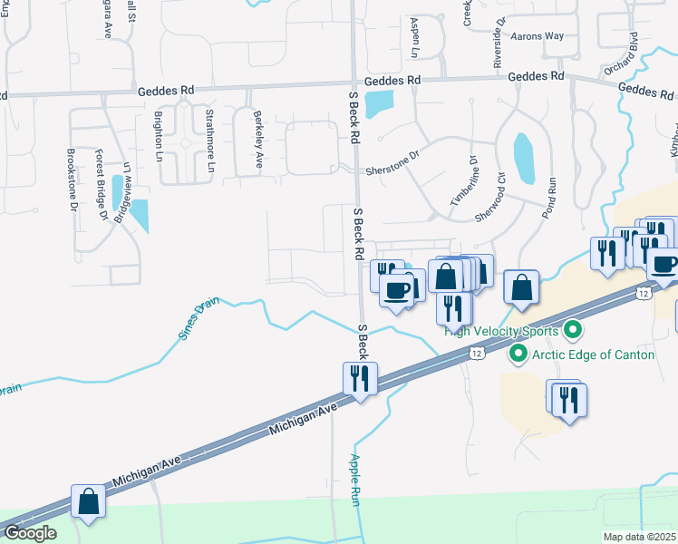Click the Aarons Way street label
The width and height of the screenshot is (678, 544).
click(538, 36)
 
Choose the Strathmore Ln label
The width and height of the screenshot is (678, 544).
click(209, 142)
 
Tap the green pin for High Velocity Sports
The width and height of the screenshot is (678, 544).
click(571, 329)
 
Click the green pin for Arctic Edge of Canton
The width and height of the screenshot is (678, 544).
click(518, 354)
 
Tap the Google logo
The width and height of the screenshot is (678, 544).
click(30, 534)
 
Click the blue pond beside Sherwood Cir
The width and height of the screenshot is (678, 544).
click(523, 158)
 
